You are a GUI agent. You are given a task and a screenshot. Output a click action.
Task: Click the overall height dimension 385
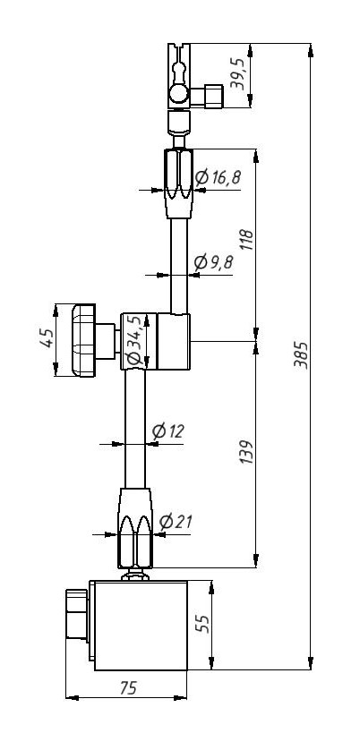coord(301,355)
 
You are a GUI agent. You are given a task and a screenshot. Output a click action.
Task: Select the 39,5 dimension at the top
coord(238,74)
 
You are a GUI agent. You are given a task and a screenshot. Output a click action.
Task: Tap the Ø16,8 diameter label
coord(218,177)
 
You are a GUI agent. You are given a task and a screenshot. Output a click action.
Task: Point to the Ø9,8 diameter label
coord(213,262)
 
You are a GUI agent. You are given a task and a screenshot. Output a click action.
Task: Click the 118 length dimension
coord(246,240)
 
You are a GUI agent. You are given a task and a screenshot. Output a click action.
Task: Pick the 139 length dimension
coord(246,452)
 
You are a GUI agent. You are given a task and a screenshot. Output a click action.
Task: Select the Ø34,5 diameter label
coord(134,340)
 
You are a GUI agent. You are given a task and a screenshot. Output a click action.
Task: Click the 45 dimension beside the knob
coord(47,338)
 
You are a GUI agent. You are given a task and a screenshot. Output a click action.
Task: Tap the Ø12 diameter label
coord(168,431)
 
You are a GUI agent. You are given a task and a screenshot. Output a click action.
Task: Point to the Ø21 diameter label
coord(176,521)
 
